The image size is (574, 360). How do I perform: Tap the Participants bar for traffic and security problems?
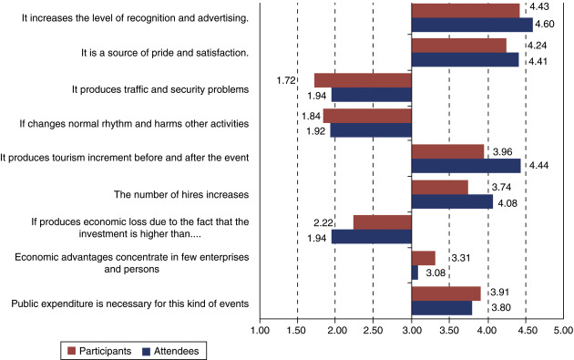363,80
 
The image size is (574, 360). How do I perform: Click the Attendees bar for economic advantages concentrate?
415,272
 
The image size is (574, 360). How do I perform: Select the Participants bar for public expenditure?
446,293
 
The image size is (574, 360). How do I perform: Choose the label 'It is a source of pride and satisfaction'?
164,52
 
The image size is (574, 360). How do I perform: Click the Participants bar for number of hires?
439,186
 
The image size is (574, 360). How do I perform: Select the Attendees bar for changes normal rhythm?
371,130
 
